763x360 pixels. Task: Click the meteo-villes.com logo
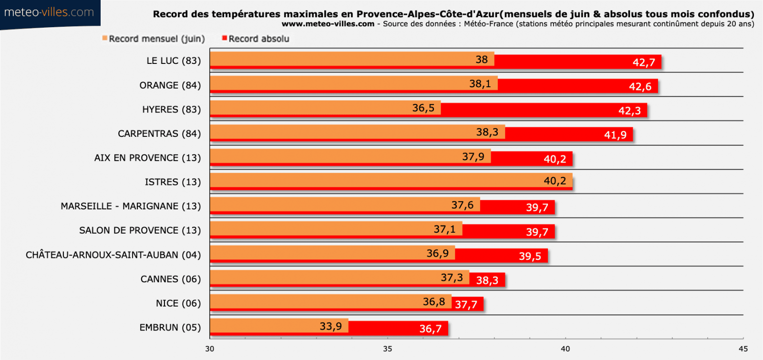49,12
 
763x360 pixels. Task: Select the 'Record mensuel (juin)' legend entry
154,39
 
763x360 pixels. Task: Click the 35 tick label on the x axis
387,349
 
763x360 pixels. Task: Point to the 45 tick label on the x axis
743,349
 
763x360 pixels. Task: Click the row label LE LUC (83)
174,61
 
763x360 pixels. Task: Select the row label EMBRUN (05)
170,328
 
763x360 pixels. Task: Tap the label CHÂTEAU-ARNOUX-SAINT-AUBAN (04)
113,255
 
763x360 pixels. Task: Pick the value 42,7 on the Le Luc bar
644,62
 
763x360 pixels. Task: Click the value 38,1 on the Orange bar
480,84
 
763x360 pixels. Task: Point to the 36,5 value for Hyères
423,108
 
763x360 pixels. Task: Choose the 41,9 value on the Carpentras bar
615,135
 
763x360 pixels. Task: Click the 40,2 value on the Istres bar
555,181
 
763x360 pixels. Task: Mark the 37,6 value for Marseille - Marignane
463,205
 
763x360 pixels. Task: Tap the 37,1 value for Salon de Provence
444,229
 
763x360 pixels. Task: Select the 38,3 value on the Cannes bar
487,280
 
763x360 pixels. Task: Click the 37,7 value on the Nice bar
466,305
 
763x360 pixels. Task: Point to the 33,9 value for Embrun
330,327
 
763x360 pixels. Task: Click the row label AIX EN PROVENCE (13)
148,158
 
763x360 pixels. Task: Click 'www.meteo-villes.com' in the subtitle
328,24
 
